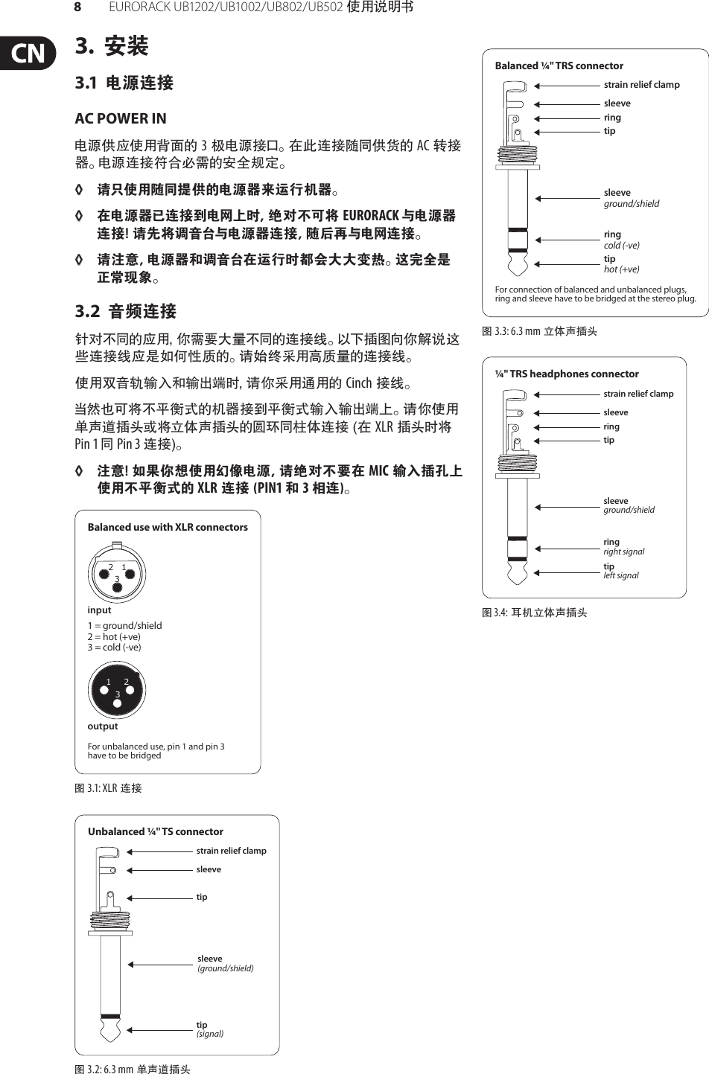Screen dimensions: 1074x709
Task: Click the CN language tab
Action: click(x=28, y=54)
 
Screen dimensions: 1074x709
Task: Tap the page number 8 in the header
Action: click(x=77, y=7)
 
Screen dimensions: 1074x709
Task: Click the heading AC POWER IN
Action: click(x=121, y=118)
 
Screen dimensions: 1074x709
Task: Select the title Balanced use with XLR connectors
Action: click(x=168, y=527)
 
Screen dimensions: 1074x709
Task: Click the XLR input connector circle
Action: click(x=117, y=574)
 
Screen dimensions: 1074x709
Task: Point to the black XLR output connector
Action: click(x=117, y=688)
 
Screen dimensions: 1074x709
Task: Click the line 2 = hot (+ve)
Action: click(x=114, y=636)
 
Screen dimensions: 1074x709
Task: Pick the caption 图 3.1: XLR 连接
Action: click(x=108, y=787)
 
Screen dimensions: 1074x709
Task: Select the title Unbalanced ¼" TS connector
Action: click(x=155, y=831)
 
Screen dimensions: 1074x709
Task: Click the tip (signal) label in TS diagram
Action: click(x=209, y=1029)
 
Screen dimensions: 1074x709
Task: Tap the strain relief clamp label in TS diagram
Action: click(x=231, y=850)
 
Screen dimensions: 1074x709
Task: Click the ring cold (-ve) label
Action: click(x=621, y=239)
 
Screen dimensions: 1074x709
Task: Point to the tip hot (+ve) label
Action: click(x=621, y=263)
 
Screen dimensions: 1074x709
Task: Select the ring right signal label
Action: click(x=623, y=546)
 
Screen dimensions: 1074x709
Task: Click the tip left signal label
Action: click(x=620, y=570)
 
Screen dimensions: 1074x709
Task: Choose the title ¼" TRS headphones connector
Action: click(x=567, y=374)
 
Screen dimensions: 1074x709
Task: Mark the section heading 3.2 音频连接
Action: click(x=126, y=311)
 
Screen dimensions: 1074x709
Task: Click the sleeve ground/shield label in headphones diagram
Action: click(x=629, y=505)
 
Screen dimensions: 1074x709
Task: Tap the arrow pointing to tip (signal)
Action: click(x=160, y=1030)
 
